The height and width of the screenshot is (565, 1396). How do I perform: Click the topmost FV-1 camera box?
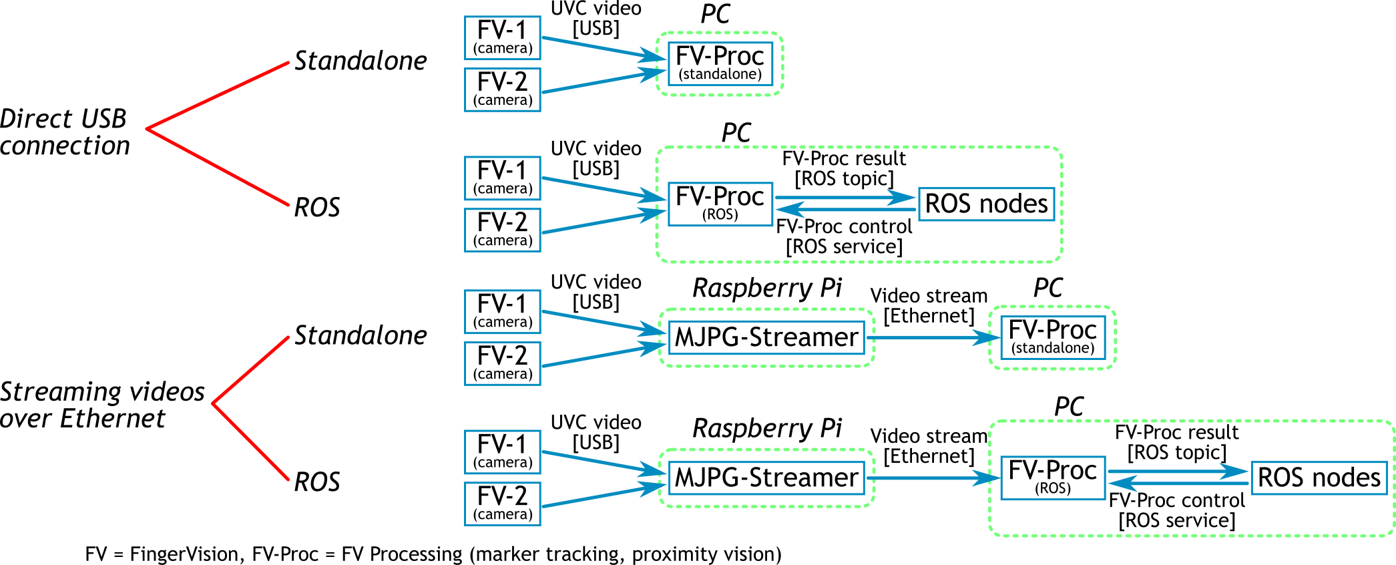[502, 38]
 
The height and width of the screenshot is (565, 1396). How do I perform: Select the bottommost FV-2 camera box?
[502, 504]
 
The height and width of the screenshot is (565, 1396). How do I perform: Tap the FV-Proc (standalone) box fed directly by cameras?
[720, 63]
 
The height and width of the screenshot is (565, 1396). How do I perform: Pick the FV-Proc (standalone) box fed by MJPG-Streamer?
[1052, 337]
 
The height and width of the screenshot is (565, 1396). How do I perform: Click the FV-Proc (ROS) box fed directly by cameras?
[720, 204]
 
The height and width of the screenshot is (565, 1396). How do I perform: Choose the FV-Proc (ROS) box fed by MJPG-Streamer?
[1052, 478]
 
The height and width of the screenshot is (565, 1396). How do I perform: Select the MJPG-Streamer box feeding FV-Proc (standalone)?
[766, 337]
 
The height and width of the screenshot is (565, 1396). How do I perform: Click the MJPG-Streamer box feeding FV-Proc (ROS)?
[766, 478]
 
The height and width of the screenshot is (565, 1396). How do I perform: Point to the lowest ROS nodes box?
[1319, 478]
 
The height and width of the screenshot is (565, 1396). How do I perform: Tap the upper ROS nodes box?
[986, 204]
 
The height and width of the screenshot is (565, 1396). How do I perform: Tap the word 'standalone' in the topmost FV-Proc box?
[720, 74]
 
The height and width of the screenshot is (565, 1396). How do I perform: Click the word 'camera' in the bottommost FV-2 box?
[503, 514]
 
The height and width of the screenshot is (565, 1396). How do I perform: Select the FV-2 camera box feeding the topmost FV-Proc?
[502, 89]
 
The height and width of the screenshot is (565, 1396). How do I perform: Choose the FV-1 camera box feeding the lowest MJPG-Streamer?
[502, 452]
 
